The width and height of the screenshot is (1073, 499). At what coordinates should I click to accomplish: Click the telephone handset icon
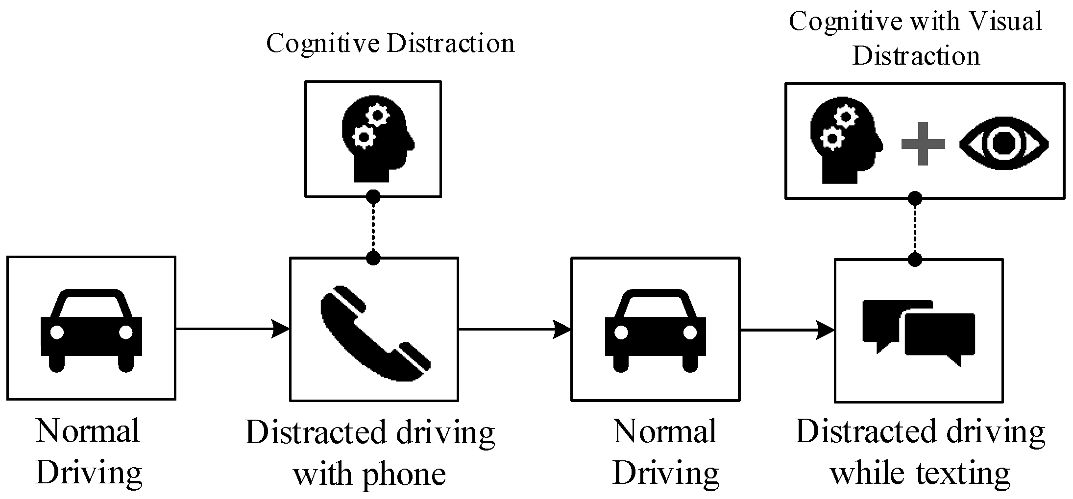pos(374,333)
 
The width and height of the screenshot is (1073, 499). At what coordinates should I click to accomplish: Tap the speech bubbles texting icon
pos(919,333)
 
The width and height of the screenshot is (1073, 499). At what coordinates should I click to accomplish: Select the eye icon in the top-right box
pos(1003,143)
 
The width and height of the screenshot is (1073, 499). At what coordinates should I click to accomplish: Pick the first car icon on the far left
pos(91,330)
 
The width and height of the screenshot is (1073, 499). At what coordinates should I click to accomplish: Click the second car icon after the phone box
pos(655,330)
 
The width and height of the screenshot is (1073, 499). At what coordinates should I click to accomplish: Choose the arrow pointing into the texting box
pos(787,330)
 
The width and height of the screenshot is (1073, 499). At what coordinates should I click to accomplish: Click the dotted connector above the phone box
pos(373,227)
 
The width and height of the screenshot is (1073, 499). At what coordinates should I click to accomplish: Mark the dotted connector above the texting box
pos(915,228)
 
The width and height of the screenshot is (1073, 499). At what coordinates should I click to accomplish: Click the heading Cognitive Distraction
pos(390,43)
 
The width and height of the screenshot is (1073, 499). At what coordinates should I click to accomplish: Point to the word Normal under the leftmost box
pos(88,431)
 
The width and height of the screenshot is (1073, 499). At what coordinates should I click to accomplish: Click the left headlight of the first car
pos(57,332)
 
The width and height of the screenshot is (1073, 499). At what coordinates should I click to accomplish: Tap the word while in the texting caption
pos(867,474)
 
